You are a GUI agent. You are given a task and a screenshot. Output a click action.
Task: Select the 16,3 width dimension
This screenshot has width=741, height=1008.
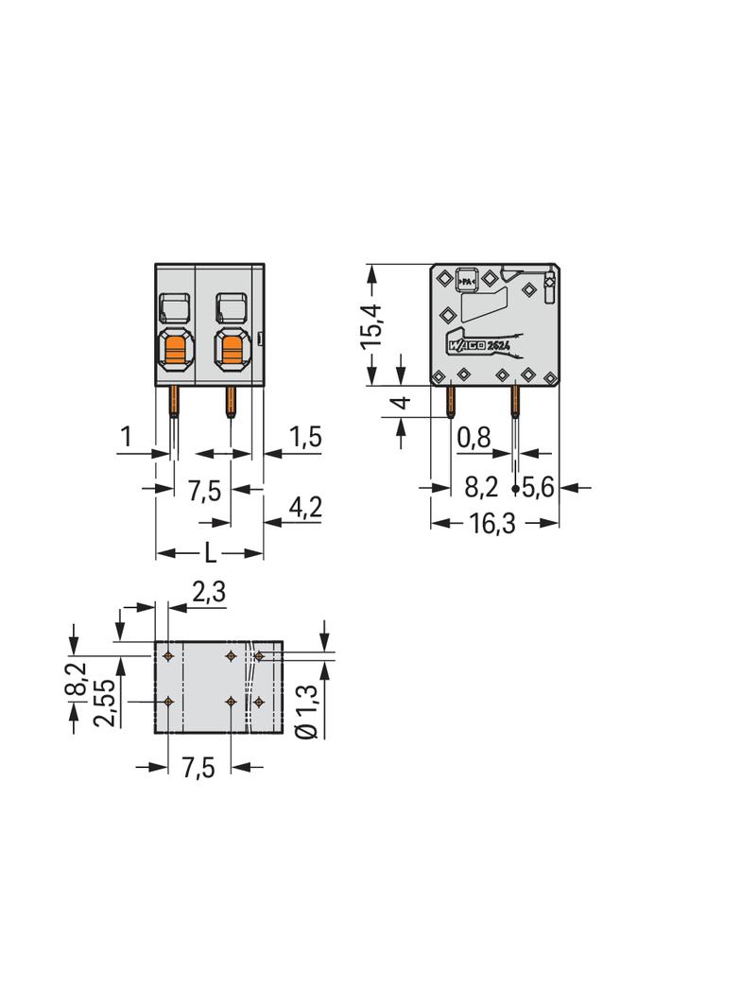coord(492,523)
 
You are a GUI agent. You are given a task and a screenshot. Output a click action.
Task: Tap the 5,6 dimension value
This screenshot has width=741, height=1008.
coord(538,488)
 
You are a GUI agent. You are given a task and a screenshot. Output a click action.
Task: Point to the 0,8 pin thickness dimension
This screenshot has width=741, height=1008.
coord(474,438)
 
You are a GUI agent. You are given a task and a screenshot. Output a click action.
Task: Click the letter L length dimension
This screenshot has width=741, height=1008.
coord(210,553)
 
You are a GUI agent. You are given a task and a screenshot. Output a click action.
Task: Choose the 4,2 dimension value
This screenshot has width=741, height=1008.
coord(304,508)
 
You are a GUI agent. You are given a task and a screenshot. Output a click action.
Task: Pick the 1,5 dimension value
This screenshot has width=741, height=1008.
coord(304,437)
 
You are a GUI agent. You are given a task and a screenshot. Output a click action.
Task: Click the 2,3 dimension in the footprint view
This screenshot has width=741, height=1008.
coord(209,591)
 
